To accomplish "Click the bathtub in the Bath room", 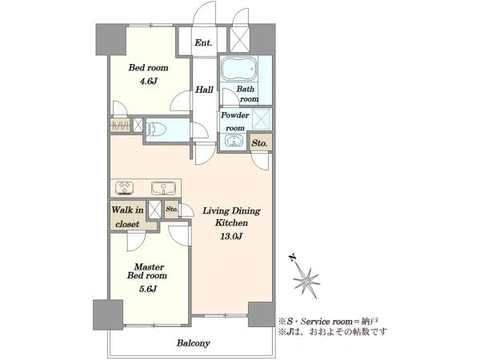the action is point(238,68).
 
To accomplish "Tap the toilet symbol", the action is point(156,129).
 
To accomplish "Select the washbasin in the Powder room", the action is point(234,142).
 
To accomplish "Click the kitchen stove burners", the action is point(125,188).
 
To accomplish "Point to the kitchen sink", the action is point(163,188).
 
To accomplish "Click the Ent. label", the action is point(203,42).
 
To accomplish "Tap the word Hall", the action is point(204,90).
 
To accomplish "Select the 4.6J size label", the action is point(149,81).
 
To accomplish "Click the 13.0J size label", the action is point(231,236).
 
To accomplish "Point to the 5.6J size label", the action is point(148,289).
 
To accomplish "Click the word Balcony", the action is point(193,343).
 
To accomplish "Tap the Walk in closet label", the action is point(127,217).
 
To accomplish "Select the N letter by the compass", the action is point(293,258).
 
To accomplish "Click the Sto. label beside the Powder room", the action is point(259,142).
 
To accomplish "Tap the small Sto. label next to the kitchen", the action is point(172,210).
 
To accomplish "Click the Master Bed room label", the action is point(147,271).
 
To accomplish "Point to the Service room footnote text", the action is point(329,322).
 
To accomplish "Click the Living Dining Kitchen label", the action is point(231,217).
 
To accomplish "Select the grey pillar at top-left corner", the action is point(111,40).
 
